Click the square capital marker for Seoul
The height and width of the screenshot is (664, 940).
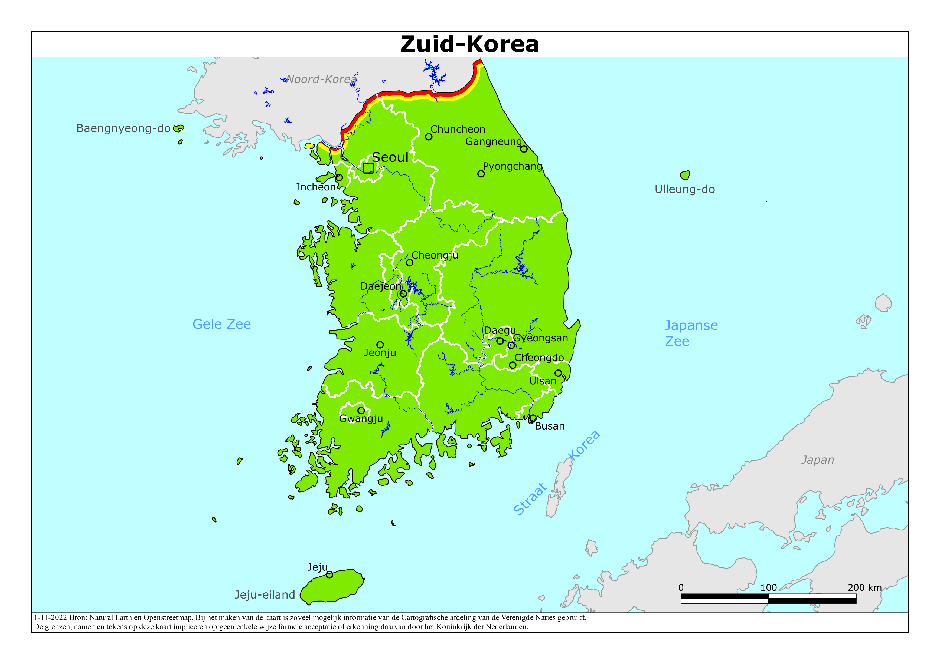[368, 168]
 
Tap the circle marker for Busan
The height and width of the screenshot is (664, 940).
[533, 418]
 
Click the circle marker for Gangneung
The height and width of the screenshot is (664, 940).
[524, 149]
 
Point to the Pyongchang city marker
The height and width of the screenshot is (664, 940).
[481, 174]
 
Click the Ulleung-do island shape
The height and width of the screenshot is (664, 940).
[685, 175]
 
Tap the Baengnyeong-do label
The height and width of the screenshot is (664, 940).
[123, 128]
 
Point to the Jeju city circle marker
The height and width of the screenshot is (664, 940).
[329, 575]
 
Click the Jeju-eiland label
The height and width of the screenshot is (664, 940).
[265, 594]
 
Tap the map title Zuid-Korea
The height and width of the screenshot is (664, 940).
[469, 44]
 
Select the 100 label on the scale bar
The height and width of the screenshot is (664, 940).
[768, 587]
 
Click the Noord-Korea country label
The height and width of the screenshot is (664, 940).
[321, 79]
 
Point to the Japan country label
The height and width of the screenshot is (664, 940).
[818, 460]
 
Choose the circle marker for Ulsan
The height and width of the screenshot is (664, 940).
[558, 373]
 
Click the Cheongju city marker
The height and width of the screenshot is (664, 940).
[409, 263]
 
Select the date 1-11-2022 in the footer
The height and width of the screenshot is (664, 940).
[50, 617]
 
